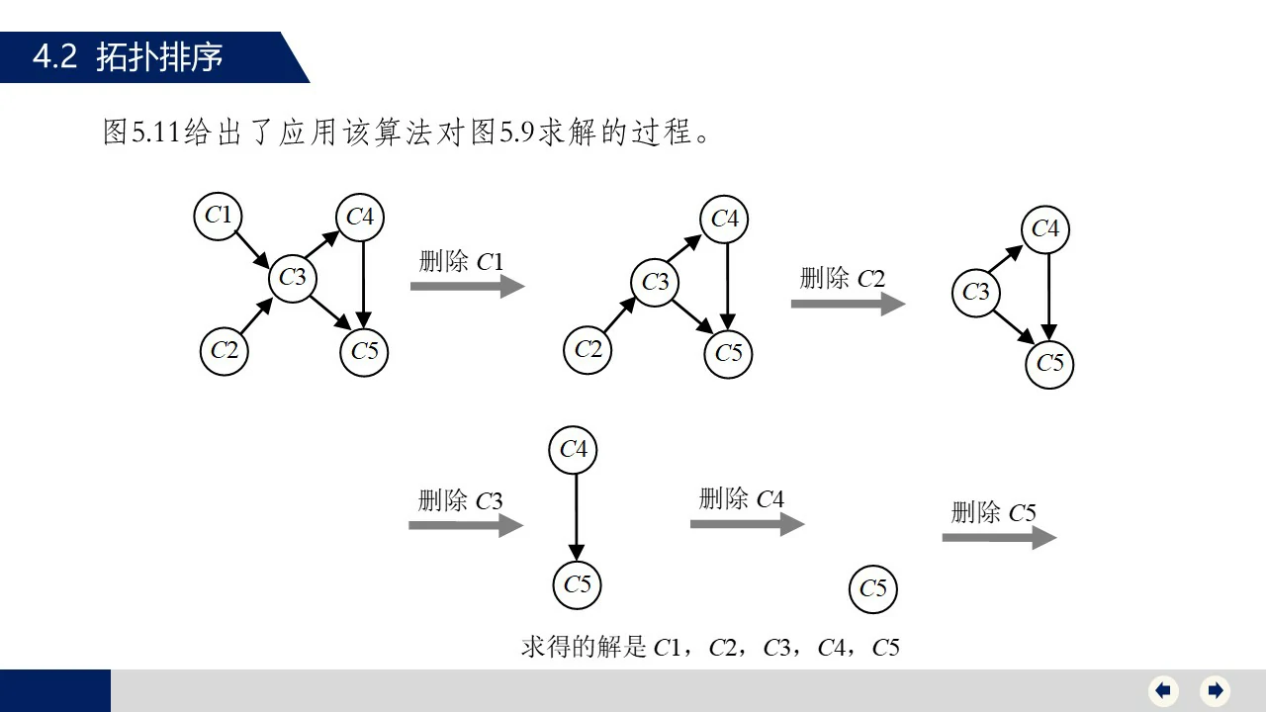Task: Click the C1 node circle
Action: point(219,216)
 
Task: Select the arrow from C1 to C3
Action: point(248,244)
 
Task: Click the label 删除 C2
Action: point(842,279)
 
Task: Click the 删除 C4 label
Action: point(741,499)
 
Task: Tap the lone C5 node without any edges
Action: point(873,589)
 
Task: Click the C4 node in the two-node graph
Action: point(574,450)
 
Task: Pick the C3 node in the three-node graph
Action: point(976,293)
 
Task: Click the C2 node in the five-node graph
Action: point(225,351)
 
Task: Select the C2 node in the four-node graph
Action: point(588,349)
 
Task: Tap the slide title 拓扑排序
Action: point(159,57)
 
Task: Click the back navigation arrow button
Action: point(1163,690)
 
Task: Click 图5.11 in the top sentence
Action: point(141,132)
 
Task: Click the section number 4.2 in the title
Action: point(55,57)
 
